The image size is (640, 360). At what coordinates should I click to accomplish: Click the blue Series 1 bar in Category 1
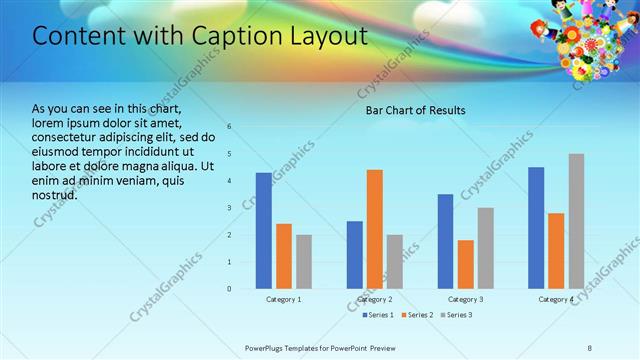(263, 231)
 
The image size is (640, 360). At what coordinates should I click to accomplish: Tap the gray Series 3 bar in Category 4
(576, 221)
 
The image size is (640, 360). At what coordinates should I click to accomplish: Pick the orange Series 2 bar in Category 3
(466, 264)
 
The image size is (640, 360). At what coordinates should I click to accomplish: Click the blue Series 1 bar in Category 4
(536, 228)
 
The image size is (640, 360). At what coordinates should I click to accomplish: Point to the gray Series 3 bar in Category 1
(303, 262)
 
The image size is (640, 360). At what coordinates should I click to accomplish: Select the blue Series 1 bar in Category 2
(355, 255)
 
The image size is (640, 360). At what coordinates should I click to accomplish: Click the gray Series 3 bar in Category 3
(485, 248)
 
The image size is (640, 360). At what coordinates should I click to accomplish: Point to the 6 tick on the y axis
(229, 127)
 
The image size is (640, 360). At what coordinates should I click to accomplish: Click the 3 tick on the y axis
(229, 208)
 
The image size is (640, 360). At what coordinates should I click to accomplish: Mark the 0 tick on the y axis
(229, 289)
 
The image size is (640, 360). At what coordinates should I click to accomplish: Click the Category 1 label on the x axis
(283, 300)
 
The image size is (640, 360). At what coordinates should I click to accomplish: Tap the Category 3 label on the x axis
(466, 300)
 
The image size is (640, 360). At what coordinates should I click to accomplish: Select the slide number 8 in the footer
(589, 348)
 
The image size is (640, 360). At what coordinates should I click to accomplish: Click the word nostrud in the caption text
(55, 194)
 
